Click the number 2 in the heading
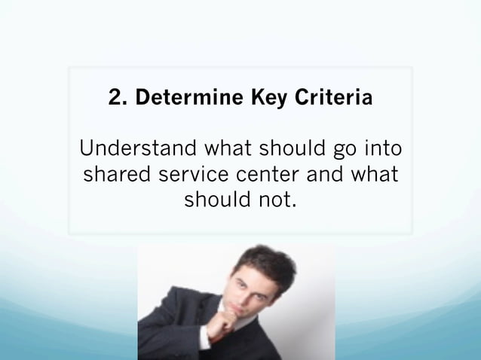click(115, 99)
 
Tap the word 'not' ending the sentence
click(274, 202)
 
